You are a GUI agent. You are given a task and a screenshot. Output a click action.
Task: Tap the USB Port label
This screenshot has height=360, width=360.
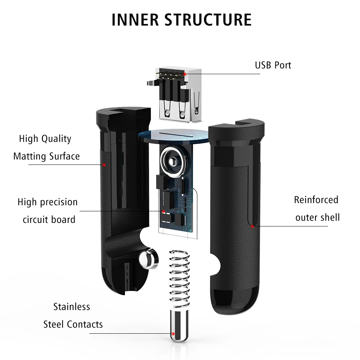273,65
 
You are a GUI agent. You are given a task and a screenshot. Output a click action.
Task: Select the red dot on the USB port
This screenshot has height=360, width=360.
185,74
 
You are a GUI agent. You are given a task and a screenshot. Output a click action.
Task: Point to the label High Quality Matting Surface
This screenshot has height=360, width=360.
46,148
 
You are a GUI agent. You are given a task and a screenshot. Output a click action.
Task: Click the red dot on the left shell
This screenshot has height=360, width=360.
104,165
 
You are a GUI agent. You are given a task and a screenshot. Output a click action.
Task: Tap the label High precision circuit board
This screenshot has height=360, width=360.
48,211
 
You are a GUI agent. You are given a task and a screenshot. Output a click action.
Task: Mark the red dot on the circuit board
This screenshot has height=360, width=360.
163,211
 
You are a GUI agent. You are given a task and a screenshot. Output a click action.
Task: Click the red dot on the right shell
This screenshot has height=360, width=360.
253,226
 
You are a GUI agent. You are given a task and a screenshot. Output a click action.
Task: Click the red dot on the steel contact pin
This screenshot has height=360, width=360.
173,334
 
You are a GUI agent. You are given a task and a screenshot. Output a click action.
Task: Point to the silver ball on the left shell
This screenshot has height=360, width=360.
148,259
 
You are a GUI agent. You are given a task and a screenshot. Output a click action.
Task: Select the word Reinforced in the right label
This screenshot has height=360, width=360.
316,200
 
